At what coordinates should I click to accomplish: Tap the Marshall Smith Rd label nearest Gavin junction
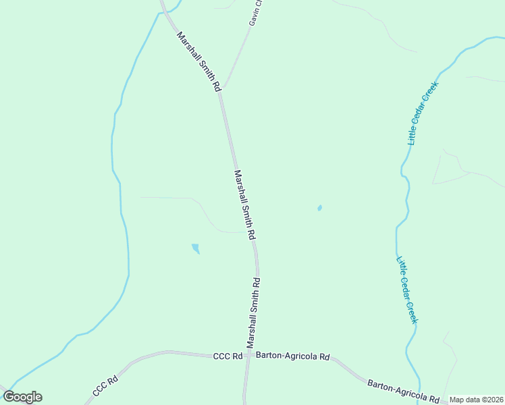[x=198, y=61]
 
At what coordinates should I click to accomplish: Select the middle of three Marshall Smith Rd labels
[x=244, y=205]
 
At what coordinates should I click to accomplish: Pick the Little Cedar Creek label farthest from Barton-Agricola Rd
[x=423, y=113]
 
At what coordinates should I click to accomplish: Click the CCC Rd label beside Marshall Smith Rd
[x=228, y=356]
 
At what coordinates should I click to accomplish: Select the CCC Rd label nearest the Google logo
[x=105, y=389]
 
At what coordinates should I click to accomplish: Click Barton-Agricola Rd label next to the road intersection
[x=296, y=356]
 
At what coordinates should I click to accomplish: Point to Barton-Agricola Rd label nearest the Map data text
[x=404, y=392]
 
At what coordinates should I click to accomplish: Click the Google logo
[x=22, y=397]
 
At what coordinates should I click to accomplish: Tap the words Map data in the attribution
[x=466, y=400]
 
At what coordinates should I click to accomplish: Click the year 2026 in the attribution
[x=493, y=400]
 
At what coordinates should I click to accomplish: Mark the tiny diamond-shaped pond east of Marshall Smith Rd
[x=319, y=208]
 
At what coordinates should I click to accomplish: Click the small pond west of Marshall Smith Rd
[x=196, y=248]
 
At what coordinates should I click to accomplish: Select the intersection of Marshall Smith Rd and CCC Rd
[x=248, y=355]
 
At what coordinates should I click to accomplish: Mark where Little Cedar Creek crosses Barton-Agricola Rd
[x=420, y=398]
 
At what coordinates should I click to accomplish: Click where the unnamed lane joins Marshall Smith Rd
[x=248, y=232]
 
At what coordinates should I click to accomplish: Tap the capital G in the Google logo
[x=9, y=397]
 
